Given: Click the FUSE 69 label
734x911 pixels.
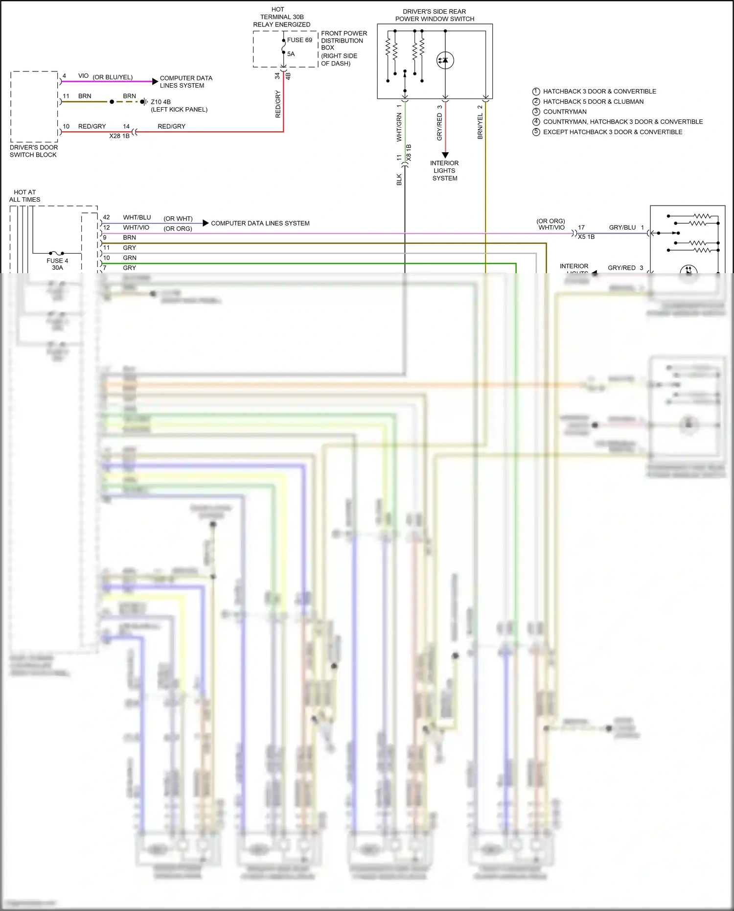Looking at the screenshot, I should point(299,40).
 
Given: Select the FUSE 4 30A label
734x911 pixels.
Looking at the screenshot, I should point(57,264).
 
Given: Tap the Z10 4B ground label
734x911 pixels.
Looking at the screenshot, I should point(161,102).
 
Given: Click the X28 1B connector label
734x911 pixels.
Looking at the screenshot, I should point(119,136).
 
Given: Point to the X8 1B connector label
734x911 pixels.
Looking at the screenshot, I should point(409,153).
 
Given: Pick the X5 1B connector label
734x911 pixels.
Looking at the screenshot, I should point(586,237).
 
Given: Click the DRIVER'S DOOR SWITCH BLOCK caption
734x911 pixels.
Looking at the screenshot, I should point(33,151).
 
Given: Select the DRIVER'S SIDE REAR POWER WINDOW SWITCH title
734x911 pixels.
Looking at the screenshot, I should point(435,15).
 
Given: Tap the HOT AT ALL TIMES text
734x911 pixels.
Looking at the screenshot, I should point(24,196).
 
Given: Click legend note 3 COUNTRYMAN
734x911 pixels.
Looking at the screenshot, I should point(564,112).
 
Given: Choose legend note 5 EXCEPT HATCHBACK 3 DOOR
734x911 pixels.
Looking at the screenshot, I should point(612,132).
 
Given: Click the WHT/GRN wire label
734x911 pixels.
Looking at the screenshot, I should point(399,127).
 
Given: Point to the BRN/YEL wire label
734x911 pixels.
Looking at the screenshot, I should point(480,126).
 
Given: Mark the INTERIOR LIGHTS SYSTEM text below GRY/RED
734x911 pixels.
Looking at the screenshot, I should point(444,171).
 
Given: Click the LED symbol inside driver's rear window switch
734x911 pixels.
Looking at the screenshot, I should point(445,60).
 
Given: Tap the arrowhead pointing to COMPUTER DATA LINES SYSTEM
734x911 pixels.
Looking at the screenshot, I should point(206,223).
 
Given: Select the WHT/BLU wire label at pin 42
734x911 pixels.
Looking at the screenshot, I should point(137,217).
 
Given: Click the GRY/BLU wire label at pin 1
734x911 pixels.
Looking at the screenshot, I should point(622,228).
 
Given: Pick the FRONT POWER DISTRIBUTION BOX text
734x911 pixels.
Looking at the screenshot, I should point(344,41).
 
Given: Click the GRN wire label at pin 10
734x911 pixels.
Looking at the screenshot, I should point(130,258).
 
